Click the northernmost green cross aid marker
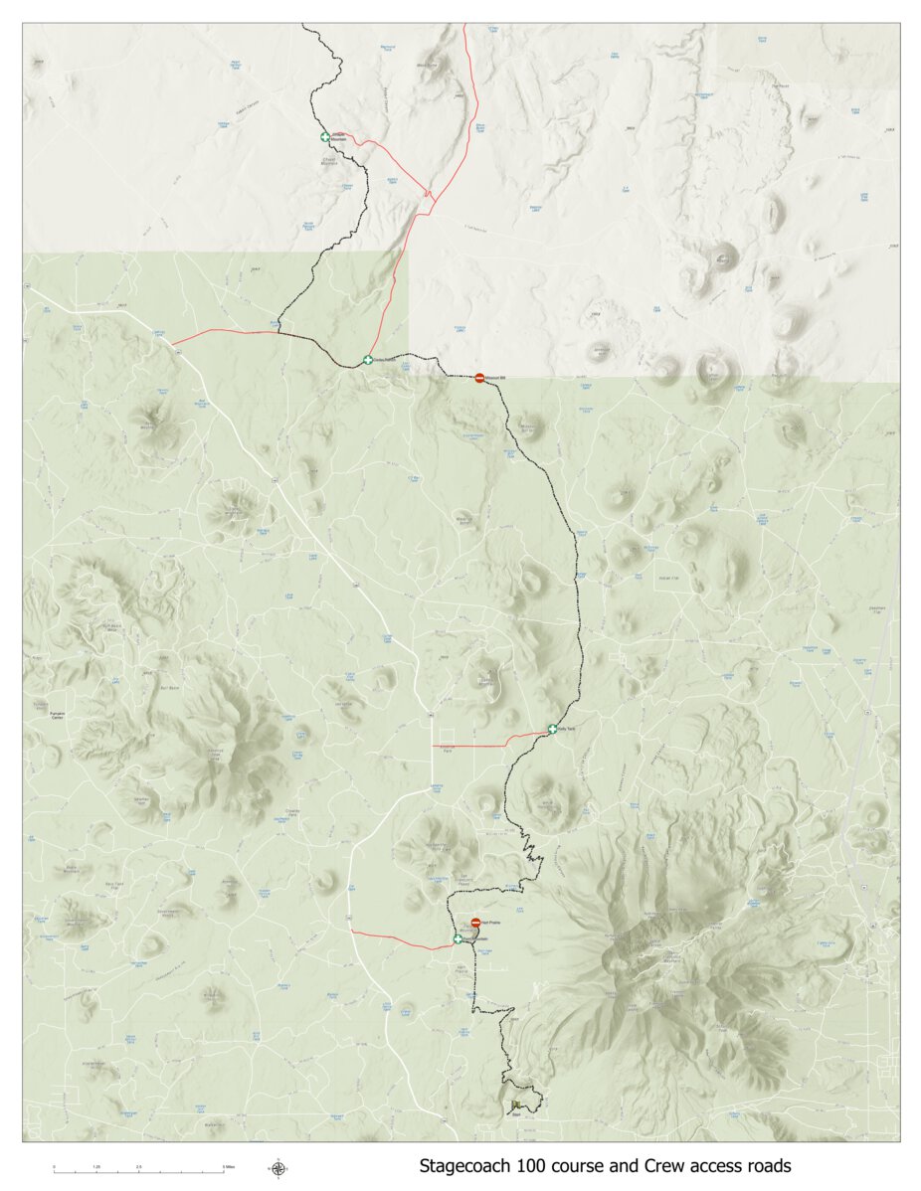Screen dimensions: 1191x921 tap(324, 137)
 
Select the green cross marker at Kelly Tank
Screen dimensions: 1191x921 tap(552, 730)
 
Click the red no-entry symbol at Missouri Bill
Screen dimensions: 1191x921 tap(479, 378)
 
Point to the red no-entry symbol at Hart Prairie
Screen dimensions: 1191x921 tap(475, 924)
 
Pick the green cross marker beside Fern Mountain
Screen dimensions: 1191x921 tap(459, 938)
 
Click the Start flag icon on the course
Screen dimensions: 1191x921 tap(515, 1106)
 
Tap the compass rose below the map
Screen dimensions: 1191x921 tap(278, 1168)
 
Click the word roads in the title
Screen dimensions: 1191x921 tap(768, 1165)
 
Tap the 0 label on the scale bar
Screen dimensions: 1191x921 tap(54, 1166)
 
